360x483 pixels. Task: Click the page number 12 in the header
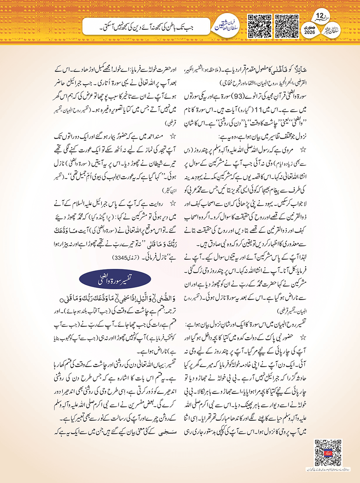320,16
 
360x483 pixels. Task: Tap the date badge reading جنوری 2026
310,30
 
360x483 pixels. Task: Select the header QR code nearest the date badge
287,26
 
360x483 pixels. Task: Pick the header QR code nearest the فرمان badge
260,26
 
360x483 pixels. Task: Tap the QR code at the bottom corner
328,453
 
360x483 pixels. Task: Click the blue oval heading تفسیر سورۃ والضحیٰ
115,280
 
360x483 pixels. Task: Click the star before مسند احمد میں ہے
172,136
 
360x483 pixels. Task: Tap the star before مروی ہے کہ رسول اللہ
302,150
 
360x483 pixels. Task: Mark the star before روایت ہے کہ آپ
172,204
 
